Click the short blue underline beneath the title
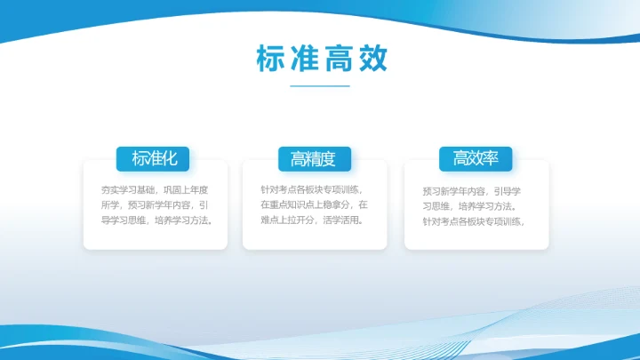320,86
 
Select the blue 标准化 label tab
155,159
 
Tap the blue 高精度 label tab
313,159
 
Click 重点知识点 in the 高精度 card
292,204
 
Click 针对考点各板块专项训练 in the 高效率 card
472,222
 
